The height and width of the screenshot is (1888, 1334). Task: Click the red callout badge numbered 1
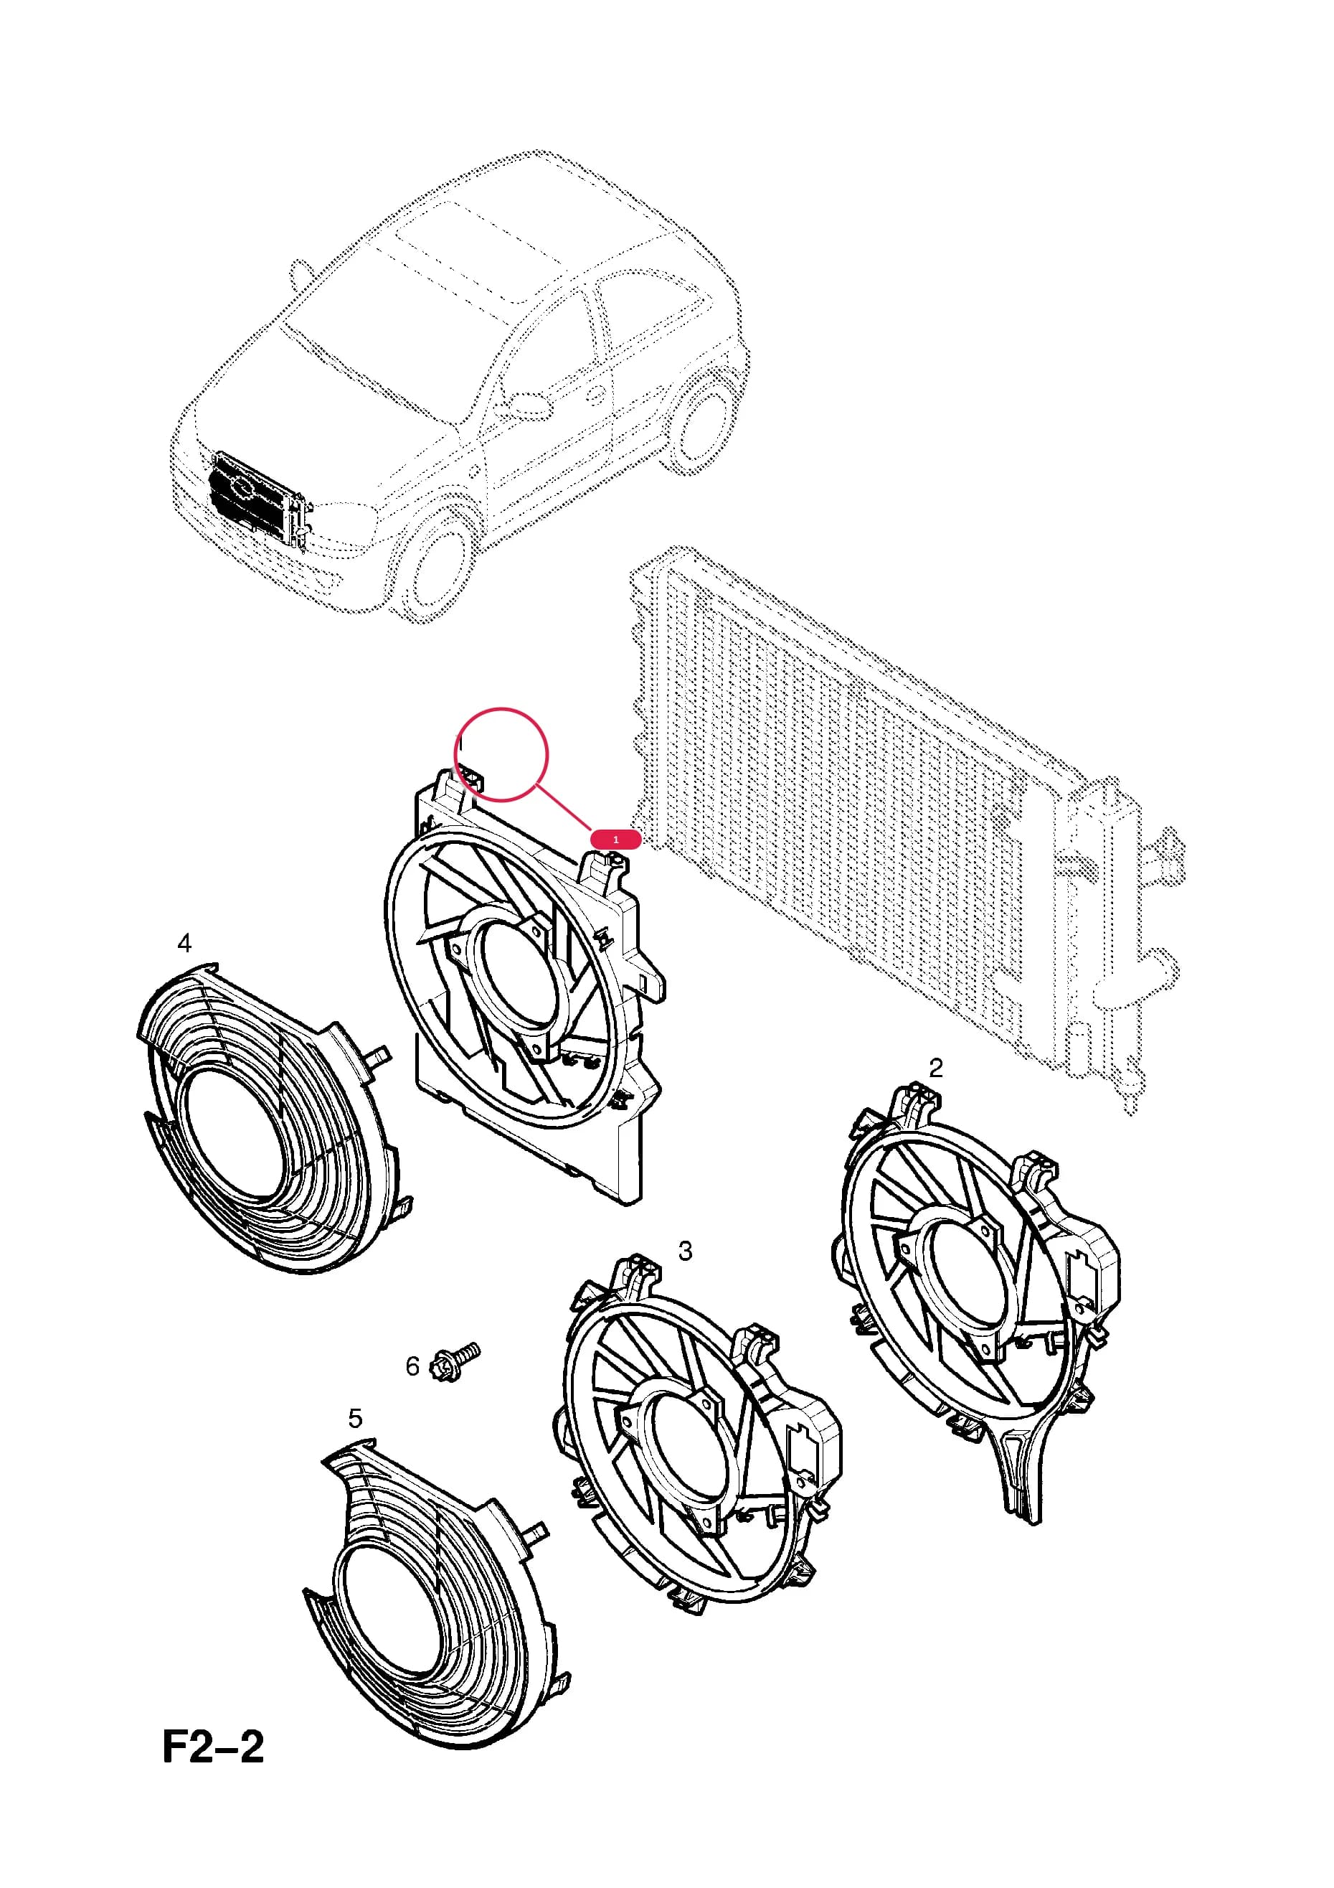click(x=615, y=840)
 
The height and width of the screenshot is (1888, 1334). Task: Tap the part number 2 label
click(x=935, y=1067)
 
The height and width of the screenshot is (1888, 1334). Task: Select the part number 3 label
click(x=685, y=1251)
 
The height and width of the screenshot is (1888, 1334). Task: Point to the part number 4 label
click(x=184, y=942)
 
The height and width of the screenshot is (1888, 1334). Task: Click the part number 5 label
click(x=355, y=1418)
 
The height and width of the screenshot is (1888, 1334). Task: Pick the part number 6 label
click(x=412, y=1366)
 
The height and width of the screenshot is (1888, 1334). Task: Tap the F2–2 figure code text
click(x=213, y=1748)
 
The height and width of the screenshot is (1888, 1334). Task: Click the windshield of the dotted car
click(x=370, y=329)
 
